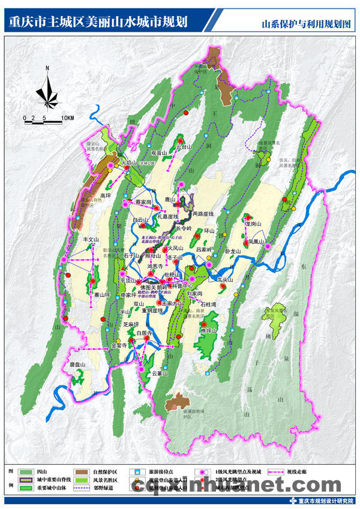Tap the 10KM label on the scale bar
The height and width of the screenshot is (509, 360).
point(67,119)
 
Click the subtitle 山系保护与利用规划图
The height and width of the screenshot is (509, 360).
point(305,24)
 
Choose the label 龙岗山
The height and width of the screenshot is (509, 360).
point(253,224)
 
